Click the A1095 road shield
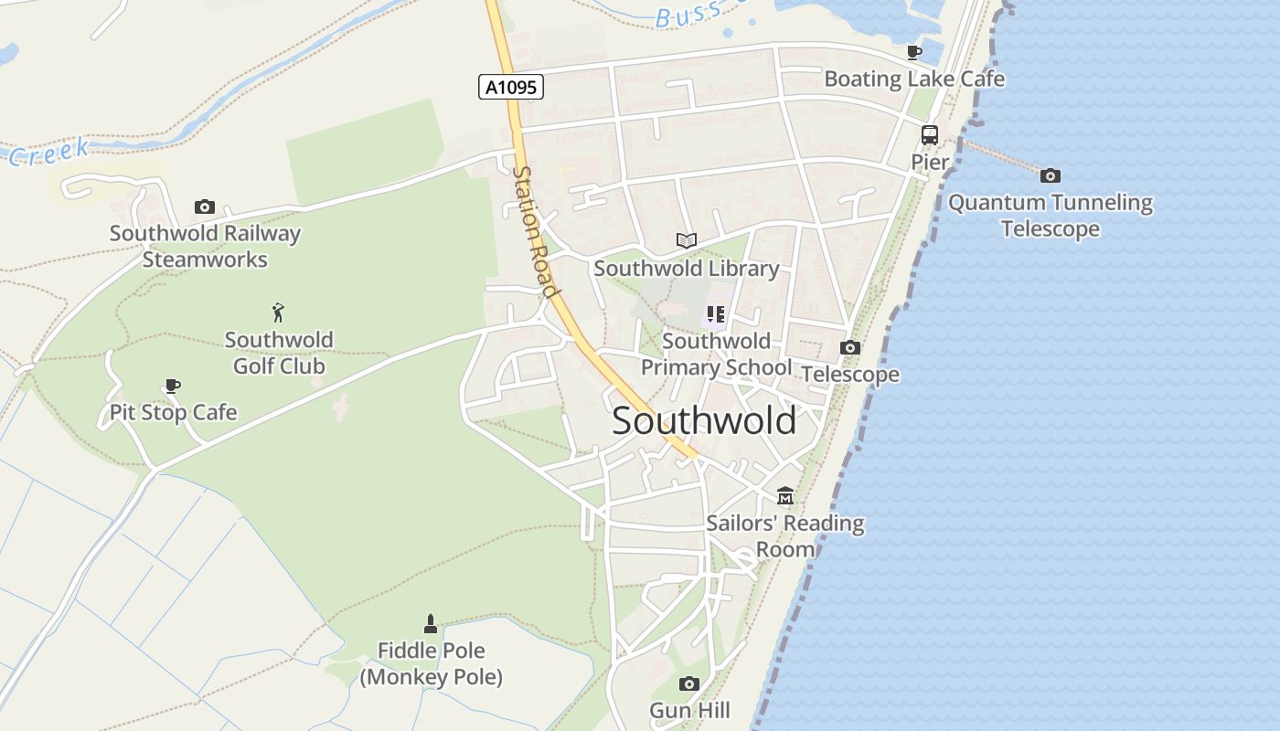511,87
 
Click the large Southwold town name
704,421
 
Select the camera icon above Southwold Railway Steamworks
205,207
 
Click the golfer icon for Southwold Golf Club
278,313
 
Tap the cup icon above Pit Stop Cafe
172,386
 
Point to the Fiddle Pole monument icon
431,624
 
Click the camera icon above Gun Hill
689,683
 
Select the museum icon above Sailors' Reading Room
785,496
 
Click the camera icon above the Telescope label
850,348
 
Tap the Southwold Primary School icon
716,315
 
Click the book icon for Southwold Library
687,241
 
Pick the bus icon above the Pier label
930,135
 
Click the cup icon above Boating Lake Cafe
913,52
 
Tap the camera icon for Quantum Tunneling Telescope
1051,175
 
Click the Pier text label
930,162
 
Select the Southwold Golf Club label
279,353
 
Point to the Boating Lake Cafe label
914,79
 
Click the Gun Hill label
689,710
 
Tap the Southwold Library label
687,269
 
